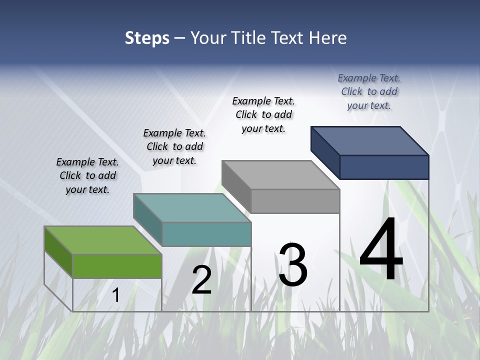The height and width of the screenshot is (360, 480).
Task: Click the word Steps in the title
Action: (x=147, y=38)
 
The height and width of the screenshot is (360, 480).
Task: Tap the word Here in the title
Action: (x=328, y=38)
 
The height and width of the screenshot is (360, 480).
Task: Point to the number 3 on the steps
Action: (x=293, y=265)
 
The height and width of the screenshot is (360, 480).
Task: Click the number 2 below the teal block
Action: (x=202, y=280)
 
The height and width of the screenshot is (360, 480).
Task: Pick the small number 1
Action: (x=116, y=295)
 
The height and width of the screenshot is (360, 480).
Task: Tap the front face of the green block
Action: (x=117, y=266)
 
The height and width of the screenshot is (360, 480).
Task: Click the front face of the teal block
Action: (x=206, y=234)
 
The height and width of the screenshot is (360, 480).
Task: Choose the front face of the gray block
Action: (x=295, y=201)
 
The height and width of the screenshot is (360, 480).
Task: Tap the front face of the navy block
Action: (x=384, y=167)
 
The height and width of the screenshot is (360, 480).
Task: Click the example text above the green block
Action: (x=87, y=175)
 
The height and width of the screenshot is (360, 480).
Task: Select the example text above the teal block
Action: (x=174, y=146)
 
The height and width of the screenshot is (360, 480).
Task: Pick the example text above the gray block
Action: (x=263, y=114)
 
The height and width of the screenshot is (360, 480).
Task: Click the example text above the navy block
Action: (x=369, y=91)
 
